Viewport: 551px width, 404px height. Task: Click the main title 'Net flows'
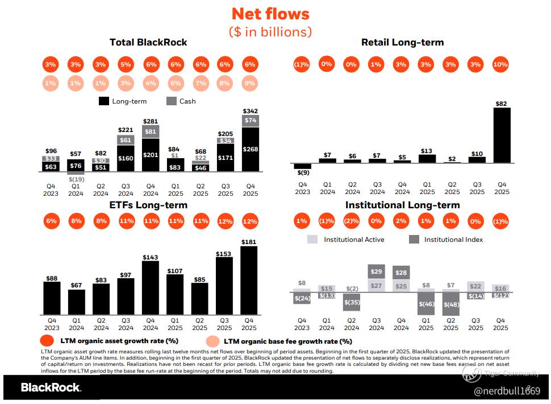[271, 14]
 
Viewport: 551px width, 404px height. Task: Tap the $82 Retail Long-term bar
[502, 135]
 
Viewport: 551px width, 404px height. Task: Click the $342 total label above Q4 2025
[250, 110]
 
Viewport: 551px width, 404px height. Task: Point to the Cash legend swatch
[171, 101]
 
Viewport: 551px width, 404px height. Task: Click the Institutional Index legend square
[414, 240]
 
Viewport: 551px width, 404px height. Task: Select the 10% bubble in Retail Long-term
[500, 64]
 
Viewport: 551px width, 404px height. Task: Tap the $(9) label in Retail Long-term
[302, 172]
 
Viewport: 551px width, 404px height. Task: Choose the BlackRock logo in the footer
[51, 387]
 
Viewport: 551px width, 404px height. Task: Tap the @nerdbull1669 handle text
[507, 391]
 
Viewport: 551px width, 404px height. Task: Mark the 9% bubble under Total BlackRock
[250, 84]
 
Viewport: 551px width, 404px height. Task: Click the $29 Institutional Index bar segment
[376, 272]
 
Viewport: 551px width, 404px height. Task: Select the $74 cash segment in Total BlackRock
[250, 121]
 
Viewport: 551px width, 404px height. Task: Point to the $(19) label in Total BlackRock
[76, 179]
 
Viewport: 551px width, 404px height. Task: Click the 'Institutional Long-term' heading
[403, 205]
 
